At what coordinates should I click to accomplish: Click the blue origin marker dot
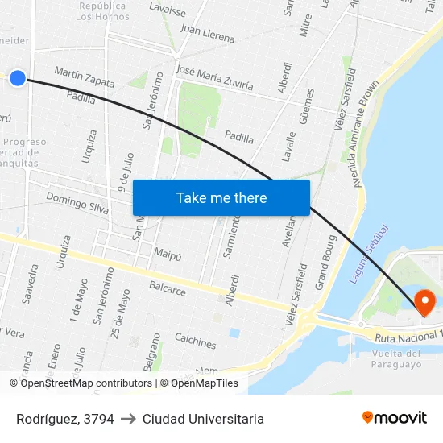[18, 78]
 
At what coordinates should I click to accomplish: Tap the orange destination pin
[424, 302]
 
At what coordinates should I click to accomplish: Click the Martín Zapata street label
[84, 77]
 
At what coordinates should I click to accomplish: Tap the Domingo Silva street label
[77, 202]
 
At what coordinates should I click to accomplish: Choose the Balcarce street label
[168, 287]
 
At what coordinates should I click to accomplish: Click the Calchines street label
[195, 342]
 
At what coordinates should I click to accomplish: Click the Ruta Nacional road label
[408, 335]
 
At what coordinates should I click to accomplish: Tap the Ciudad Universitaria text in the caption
[203, 419]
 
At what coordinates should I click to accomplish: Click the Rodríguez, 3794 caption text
[65, 419]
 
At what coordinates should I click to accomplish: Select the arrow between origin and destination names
[128, 419]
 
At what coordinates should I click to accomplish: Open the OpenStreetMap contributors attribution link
[87, 383]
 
